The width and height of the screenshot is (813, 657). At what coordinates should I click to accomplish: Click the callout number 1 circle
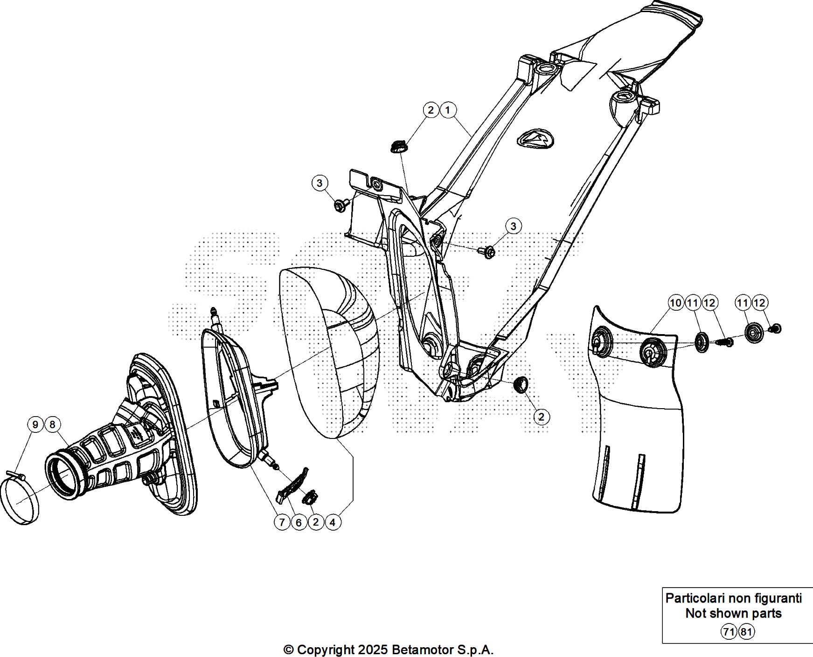pos(448,110)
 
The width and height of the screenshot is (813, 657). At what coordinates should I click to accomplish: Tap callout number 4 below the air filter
pos(333,522)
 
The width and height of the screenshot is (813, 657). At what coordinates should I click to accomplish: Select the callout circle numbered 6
pos(299,522)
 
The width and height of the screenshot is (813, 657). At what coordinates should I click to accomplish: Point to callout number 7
pos(282,522)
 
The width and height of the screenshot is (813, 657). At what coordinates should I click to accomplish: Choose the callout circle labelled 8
pos(52,424)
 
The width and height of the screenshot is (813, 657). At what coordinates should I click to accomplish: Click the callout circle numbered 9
pos(35,424)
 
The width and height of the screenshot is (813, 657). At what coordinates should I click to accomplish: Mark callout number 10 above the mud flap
pos(675,303)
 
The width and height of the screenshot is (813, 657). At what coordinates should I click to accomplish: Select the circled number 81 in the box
pos(746,632)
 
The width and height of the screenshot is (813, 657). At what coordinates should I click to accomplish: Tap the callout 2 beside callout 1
pos(431,110)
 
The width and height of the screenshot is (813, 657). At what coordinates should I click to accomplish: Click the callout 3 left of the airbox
pos(320,183)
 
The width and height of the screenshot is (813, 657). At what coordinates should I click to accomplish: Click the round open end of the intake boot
pos(63,477)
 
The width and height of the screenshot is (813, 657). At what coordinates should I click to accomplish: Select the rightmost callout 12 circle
pos(759,303)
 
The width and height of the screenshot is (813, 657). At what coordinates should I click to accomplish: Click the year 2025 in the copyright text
pos(374,649)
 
